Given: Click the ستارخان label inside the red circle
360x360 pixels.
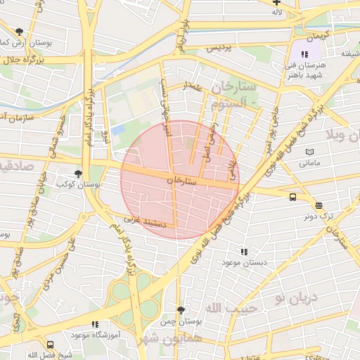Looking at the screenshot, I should coord(183,181).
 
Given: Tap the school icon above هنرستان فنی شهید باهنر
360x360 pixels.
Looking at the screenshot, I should coord(304,54).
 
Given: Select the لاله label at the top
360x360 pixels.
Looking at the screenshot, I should coord(277,12).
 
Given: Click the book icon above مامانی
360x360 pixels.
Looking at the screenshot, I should coord(309,152).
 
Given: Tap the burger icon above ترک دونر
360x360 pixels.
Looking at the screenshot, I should coord(319,205).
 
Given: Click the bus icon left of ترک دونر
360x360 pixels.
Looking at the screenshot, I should coord(292,198).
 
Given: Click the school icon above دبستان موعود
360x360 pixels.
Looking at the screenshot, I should coord(244,251).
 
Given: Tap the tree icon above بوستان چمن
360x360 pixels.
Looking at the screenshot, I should coord(181,310).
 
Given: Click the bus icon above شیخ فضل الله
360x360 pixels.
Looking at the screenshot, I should coord(50,345).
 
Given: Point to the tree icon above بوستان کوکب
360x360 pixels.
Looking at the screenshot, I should coord(77,173).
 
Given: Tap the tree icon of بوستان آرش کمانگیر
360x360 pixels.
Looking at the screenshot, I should coord(19,32).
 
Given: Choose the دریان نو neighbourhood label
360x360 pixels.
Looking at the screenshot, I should coord(296,297).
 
